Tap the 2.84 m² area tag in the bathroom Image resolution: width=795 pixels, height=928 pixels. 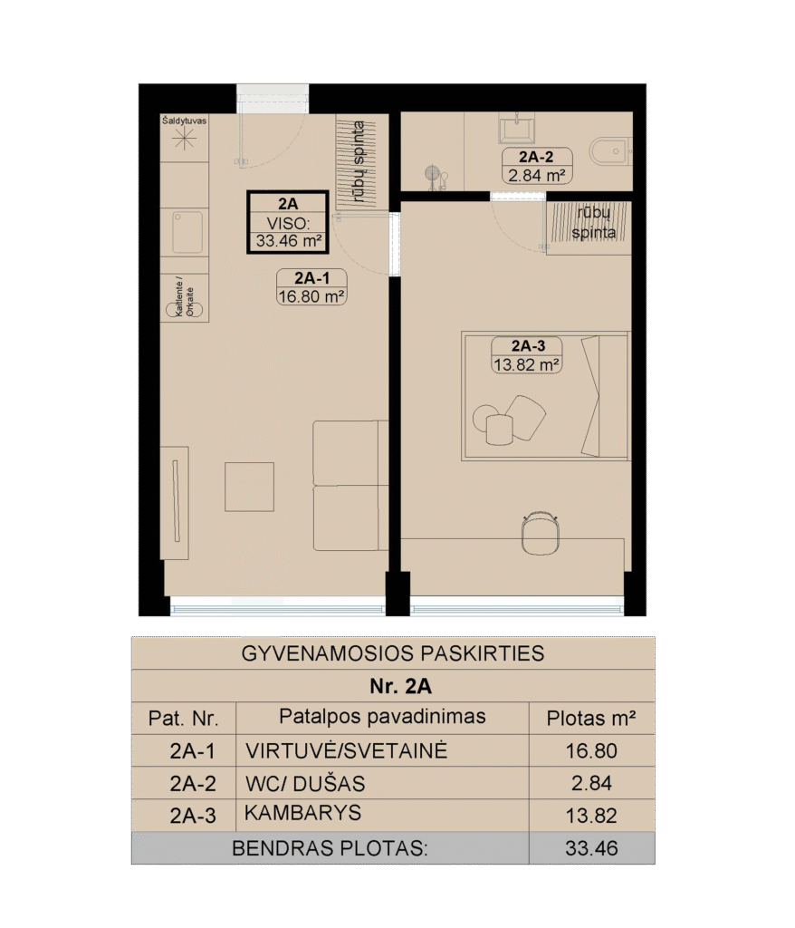[x=537, y=175]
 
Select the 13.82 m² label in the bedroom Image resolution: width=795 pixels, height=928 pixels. [x=526, y=364]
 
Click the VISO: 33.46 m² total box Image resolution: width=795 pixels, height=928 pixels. [x=287, y=222]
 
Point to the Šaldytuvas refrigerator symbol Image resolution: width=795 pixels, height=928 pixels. [x=185, y=139]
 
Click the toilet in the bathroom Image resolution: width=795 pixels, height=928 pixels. [x=610, y=151]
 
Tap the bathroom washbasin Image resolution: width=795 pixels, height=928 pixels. [x=516, y=128]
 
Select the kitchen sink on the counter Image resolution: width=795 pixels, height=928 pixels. [x=187, y=233]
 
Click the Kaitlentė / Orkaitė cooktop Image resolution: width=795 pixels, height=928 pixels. [x=185, y=297]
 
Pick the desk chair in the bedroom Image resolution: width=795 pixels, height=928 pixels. [x=541, y=533]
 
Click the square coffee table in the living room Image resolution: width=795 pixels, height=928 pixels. [x=249, y=487]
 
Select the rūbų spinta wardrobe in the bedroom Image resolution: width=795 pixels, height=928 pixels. [x=589, y=228]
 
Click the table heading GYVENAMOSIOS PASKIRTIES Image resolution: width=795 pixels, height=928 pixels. [x=393, y=653]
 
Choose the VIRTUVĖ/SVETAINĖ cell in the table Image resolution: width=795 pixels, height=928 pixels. [x=347, y=751]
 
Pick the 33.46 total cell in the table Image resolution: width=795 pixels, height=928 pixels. [x=591, y=848]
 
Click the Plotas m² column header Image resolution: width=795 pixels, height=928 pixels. [x=591, y=719]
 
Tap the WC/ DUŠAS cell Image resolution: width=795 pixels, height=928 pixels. [x=305, y=784]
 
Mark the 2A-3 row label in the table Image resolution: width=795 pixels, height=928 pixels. [x=193, y=817]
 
